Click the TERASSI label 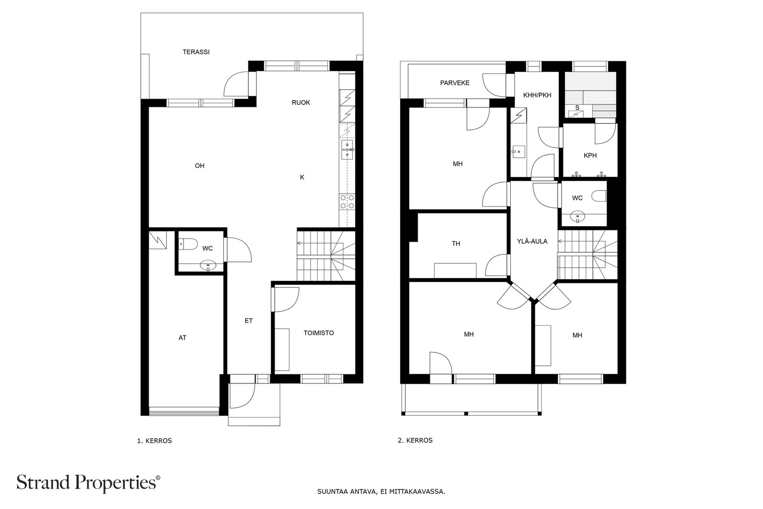196,52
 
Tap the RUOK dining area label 301,103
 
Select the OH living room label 200,166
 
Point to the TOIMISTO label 319,333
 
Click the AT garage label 183,338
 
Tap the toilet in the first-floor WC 188,244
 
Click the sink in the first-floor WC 208,265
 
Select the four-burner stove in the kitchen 347,202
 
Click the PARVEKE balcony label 455,83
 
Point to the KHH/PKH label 537,95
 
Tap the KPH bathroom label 590,156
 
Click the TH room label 456,244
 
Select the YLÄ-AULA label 532,241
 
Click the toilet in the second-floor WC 599,196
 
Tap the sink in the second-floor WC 577,217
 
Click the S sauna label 577,108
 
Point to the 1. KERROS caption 155,440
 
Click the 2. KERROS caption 415,440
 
